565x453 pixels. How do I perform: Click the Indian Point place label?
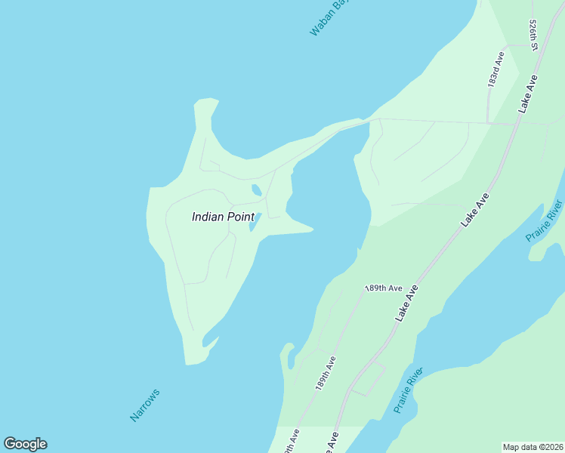click(x=223, y=217)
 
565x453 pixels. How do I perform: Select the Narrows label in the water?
click(x=145, y=405)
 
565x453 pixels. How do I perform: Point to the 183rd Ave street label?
click(x=496, y=69)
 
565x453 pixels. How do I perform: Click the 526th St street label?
click(x=533, y=35)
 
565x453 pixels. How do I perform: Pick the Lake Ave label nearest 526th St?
click(x=528, y=94)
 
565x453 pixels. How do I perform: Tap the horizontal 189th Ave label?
click(x=383, y=288)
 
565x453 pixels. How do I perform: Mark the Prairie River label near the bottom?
click(x=407, y=391)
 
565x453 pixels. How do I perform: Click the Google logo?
click(x=25, y=444)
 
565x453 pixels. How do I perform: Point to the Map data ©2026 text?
click(x=533, y=446)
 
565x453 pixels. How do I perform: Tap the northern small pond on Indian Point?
click(x=257, y=190)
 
